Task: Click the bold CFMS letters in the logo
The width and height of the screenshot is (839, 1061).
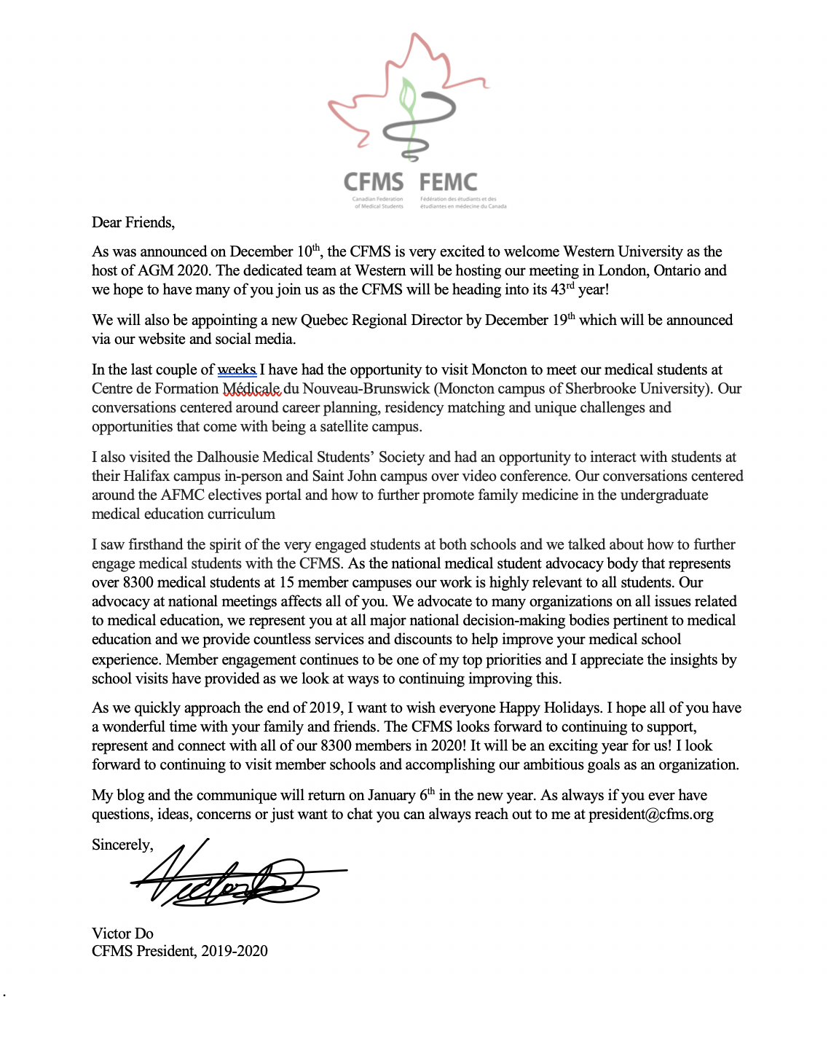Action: (373, 182)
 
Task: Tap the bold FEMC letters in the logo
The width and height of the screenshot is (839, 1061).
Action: (449, 182)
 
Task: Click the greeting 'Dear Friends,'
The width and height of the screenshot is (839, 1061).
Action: (133, 222)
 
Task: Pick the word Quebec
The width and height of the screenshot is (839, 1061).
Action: (324, 320)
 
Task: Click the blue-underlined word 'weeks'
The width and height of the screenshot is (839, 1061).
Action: (237, 369)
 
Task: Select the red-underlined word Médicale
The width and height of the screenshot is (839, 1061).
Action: (251, 388)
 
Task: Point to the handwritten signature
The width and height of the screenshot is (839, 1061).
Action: (233, 878)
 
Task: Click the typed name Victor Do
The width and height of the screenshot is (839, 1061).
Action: (122, 933)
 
